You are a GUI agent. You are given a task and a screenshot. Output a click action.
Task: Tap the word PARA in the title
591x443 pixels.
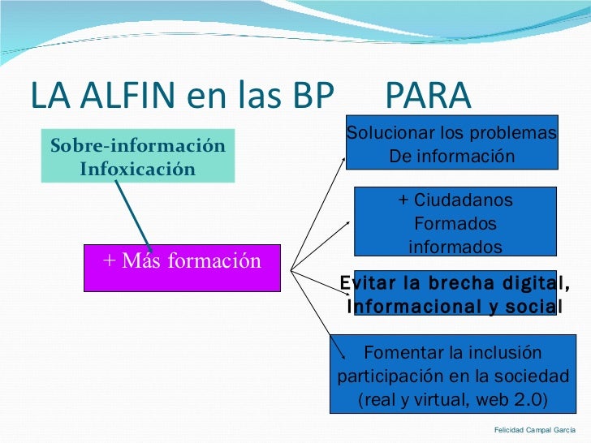(427, 97)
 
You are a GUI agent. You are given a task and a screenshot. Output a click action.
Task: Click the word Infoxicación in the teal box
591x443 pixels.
(138, 170)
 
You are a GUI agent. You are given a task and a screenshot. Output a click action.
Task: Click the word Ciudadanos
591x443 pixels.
(463, 200)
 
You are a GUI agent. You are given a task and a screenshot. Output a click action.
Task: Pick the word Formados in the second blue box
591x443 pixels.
(455, 224)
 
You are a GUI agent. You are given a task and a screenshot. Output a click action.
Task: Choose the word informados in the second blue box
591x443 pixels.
(455, 247)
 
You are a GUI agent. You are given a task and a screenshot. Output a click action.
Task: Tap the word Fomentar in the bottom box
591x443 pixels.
(399, 353)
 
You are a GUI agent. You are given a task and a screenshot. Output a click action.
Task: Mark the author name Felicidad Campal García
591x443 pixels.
(534, 429)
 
